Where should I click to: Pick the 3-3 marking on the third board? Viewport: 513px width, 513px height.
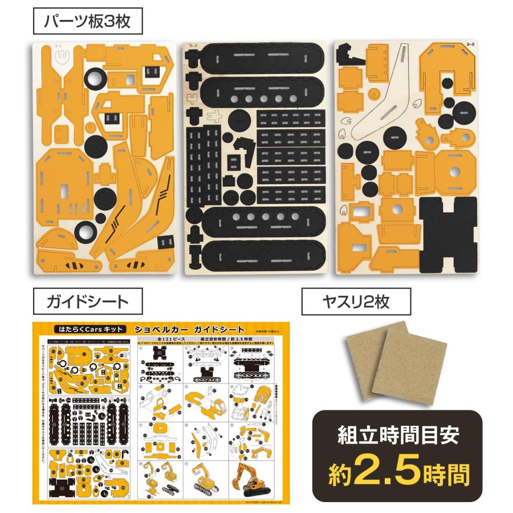tap(470, 44)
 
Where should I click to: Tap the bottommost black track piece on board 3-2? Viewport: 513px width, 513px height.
tap(255, 254)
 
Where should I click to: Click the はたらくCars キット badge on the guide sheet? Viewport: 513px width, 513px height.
tap(82, 330)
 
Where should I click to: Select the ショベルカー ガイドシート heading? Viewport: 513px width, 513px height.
tap(190, 330)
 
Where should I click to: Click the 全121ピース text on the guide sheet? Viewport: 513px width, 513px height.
tap(161, 339)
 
